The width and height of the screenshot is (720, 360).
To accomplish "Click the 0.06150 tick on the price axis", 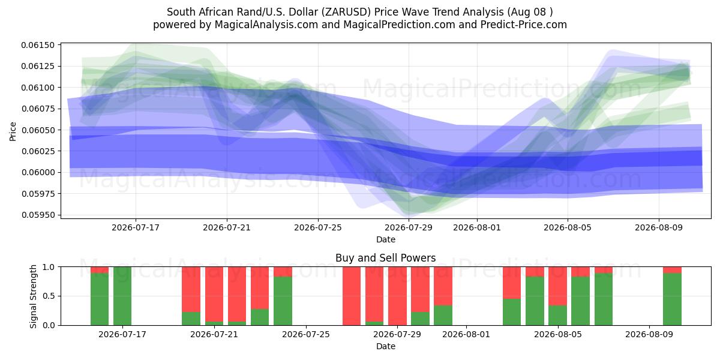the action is point(37,45).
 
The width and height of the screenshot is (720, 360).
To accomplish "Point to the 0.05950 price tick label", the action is point(37,215).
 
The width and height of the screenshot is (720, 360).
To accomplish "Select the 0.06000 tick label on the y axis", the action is point(37,172).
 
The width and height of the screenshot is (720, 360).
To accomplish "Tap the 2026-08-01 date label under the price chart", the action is point(476,227).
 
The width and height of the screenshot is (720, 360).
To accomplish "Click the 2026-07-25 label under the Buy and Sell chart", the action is point(305,334).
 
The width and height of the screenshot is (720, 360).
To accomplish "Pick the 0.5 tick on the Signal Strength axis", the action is point(49,296).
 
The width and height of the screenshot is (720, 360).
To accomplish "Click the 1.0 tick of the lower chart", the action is point(49,267).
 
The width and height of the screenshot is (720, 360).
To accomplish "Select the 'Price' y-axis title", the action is point(13,131).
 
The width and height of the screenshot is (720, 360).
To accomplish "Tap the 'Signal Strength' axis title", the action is point(33,296).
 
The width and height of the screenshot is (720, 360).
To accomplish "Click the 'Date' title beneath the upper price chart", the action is point(386,239).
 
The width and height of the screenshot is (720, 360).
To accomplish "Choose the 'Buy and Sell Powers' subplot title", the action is point(386,258).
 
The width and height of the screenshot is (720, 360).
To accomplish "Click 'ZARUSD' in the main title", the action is point(346,12).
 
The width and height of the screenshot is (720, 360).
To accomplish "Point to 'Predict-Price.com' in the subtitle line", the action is point(524,25).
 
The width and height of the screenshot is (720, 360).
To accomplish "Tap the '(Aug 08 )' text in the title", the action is point(530,12).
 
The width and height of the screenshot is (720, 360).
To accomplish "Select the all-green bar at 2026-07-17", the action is point(122,296).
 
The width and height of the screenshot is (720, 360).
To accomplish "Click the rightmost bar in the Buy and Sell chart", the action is point(672,296).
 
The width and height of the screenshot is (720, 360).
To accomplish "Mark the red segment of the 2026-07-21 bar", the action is point(214,294).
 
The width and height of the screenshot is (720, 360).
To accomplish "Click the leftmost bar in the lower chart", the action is point(100,296).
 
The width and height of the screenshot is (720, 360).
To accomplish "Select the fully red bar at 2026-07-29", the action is point(397,296).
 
